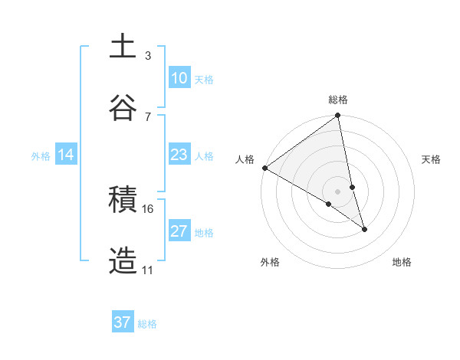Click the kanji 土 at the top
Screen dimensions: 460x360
click(123, 47)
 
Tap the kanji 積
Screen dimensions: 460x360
click(123, 201)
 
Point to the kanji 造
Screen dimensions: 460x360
click(123, 261)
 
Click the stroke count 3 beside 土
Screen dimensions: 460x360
click(148, 55)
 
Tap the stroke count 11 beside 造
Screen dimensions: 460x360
click(148, 270)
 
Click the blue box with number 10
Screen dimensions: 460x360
click(179, 78)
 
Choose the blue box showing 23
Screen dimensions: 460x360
click(179, 155)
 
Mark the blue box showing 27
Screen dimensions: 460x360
click(179, 231)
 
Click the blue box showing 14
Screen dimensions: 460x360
click(66, 155)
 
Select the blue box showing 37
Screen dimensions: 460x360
click(123, 322)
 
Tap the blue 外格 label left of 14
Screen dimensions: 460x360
click(41, 155)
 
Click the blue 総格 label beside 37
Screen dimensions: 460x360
click(147, 323)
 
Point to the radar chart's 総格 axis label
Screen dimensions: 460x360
click(338, 100)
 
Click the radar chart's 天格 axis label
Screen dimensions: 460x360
click(431, 159)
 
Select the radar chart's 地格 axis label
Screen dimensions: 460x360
click(402, 262)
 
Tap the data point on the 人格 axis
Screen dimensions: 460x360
click(264, 168)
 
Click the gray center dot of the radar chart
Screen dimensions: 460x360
click(338, 191)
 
